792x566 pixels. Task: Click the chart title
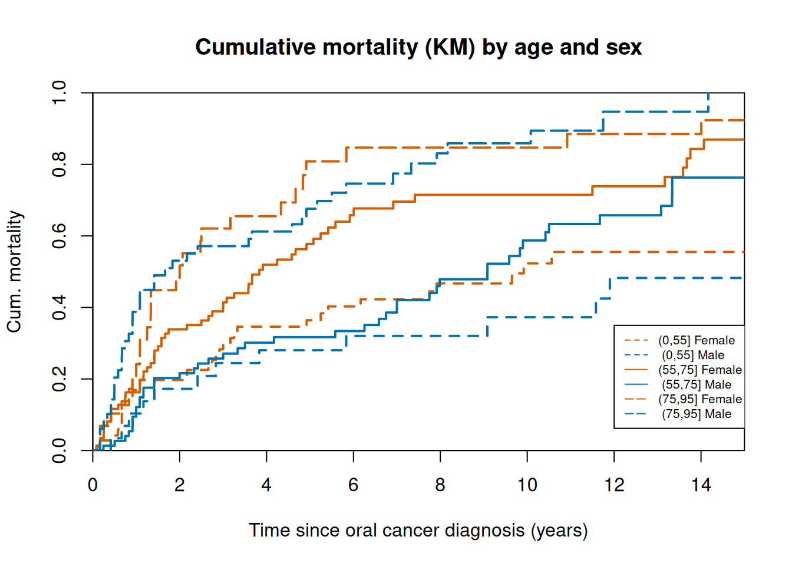[418, 48]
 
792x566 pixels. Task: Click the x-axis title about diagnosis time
[418, 531]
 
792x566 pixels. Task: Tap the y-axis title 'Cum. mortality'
[15, 272]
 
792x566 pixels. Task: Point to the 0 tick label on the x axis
[93, 485]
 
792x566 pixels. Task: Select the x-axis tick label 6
[353, 485]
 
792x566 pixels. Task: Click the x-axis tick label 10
[527, 485]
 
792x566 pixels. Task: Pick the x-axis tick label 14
[701, 485]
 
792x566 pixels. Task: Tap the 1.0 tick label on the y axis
[59, 93]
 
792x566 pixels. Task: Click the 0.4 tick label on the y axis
[59, 307]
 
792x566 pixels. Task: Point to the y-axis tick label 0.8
[59, 164]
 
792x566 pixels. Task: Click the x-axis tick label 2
[180, 485]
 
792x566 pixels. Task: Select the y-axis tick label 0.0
[59, 450]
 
